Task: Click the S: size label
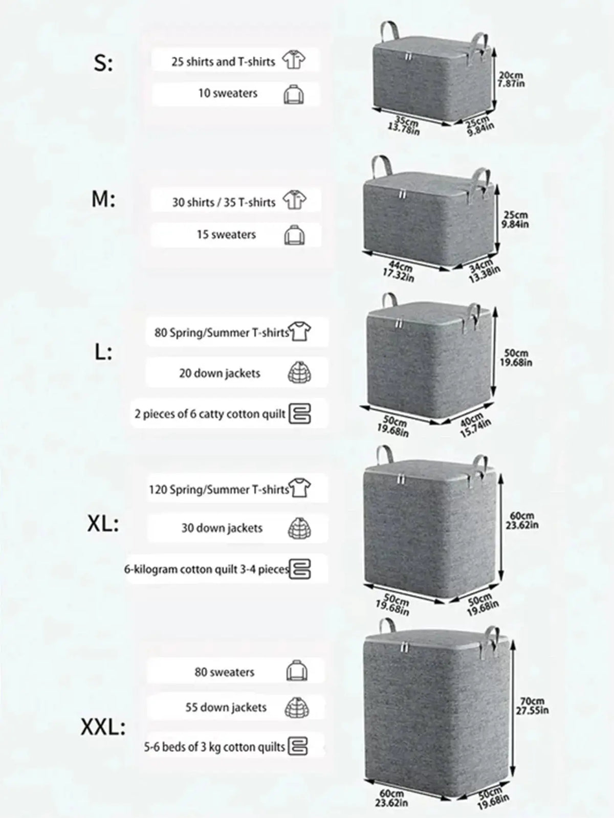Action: click(x=103, y=64)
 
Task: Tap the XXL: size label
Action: click(x=103, y=727)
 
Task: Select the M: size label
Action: click(x=103, y=200)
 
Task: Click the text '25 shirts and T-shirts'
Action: click(x=223, y=61)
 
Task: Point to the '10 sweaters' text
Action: click(x=228, y=93)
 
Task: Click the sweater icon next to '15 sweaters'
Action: click(x=294, y=235)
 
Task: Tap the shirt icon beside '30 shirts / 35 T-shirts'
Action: click(x=294, y=201)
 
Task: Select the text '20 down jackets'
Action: click(x=220, y=373)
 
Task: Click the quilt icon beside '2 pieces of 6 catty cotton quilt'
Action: click(x=300, y=414)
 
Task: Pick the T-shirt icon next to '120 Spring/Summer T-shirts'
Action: click(x=300, y=488)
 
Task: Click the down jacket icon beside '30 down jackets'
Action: click(x=299, y=528)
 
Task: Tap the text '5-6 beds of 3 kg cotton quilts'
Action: click(x=214, y=747)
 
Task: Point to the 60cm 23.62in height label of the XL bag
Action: click(x=522, y=520)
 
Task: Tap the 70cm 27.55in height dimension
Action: click(x=532, y=705)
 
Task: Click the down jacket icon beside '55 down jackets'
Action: click(x=297, y=708)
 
